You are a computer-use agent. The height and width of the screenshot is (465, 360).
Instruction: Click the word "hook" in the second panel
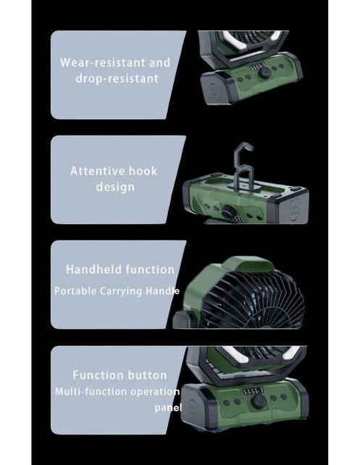coord(143,172)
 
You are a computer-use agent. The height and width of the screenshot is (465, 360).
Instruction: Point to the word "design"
coord(115,187)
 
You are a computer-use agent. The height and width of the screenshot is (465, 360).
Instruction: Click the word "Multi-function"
coord(88,392)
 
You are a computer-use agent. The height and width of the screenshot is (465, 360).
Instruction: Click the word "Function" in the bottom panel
coord(99,375)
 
